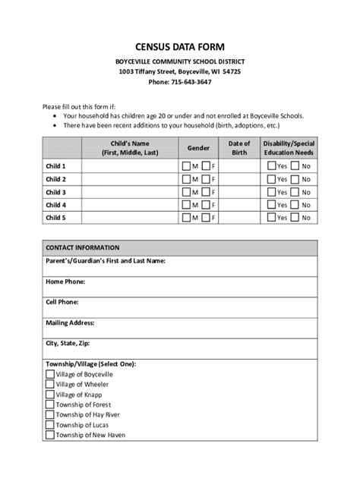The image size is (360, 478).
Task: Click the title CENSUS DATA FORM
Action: pyautogui.click(x=180, y=46)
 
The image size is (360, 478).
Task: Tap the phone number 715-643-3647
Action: pyautogui.click(x=191, y=81)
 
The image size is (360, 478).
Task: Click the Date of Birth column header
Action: pyautogui.click(x=239, y=147)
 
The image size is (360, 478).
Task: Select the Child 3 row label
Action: pyautogui.click(x=55, y=192)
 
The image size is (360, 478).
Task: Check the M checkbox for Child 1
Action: pyautogui.click(x=185, y=166)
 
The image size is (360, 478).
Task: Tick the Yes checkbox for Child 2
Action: pyautogui.click(x=270, y=179)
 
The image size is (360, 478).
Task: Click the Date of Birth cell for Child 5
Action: pyautogui.click(x=239, y=218)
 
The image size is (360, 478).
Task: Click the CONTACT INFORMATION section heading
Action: pyautogui.click(x=82, y=247)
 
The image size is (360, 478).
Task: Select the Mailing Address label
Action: pyautogui.click(x=71, y=322)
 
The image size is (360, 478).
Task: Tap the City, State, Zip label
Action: pyautogui.click(x=73, y=343)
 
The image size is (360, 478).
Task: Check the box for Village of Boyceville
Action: pyautogui.click(x=50, y=375)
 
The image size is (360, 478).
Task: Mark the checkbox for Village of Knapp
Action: pyautogui.click(x=50, y=395)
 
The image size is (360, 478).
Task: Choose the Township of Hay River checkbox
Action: pyautogui.click(x=50, y=414)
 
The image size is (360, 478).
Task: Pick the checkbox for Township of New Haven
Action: pyautogui.click(x=50, y=435)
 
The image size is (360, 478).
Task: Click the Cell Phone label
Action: pyautogui.click(x=63, y=302)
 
